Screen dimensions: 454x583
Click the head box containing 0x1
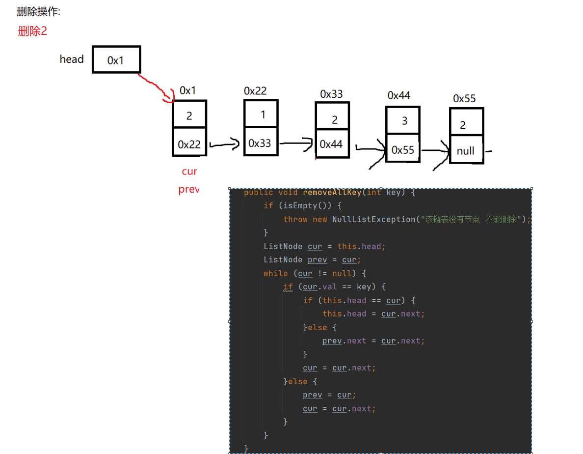click(x=116, y=60)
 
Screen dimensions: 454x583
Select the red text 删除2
click(x=32, y=31)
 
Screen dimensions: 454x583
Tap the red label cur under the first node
click(x=189, y=171)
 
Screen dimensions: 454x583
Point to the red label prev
click(x=189, y=190)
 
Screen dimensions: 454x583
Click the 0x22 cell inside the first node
click(x=189, y=144)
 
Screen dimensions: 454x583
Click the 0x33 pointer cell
click(x=260, y=143)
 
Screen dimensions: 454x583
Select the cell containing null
click(x=465, y=150)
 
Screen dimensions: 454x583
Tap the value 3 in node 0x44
click(x=404, y=121)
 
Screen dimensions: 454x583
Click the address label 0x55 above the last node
click(x=464, y=99)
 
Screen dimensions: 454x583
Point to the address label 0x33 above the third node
click(x=331, y=94)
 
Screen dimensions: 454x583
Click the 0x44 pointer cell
click(x=331, y=144)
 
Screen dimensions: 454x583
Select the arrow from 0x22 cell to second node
click(x=224, y=144)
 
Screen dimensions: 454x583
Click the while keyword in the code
click(x=276, y=273)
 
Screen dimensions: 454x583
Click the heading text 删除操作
click(x=38, y=12)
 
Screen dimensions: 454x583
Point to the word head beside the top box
click(x=72, y=59)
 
